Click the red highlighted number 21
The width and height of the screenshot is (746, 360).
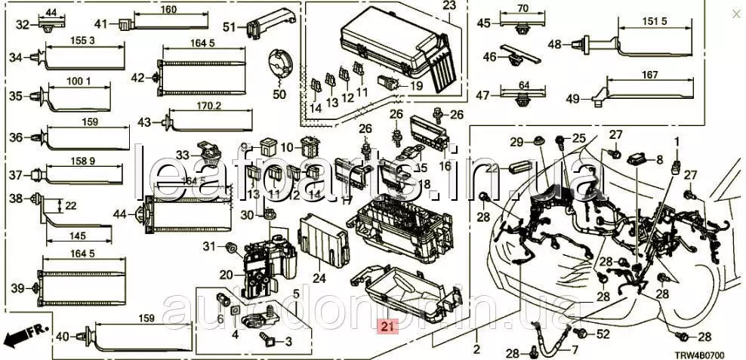tap(387, 327)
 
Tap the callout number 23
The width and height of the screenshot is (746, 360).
tap(449, 6)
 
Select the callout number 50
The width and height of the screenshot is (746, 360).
tap(279, 94)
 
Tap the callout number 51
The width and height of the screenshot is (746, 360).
tap(230, 27)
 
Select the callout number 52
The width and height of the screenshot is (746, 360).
tap(603, 334)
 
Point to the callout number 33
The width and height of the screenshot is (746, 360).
tap(183, 154)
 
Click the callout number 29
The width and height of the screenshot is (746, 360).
tap(516, 142)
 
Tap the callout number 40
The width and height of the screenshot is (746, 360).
tap(63, 337)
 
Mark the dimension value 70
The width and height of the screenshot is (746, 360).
tap(521, 10)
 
